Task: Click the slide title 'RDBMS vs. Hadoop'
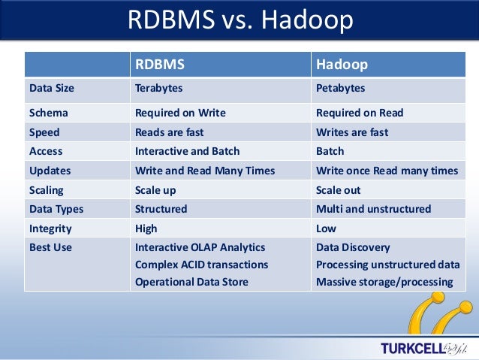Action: point(239,20)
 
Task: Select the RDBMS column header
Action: point(159,64)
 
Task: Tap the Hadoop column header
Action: point(342,64)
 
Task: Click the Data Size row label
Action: point(52,88)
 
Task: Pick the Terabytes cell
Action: point(158,88)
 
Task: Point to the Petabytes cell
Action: point(340,88)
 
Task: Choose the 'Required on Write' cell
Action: point(179,113)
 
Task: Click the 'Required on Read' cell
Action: point(359,113)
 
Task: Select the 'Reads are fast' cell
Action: point(169,132)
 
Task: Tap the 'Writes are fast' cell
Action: point(351,132)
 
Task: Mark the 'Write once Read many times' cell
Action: point(387,171)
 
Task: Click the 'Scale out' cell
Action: point(338,190)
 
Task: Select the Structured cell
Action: point(161,209)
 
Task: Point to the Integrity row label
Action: point(50,228)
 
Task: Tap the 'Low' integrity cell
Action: point(326,228)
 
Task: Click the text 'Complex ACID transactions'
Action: point(201,265)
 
